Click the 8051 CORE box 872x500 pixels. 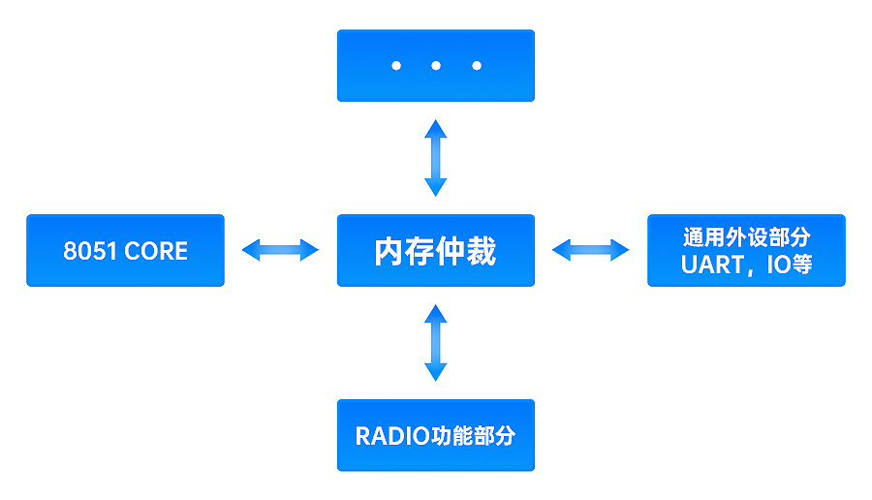click(x=125, y=250)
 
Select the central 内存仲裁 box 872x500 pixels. click(x=435, y=250)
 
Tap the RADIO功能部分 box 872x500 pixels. click(x=435, y=435)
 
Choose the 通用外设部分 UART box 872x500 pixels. click(x=745, y=250)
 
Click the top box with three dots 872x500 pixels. click(x=435, y=65)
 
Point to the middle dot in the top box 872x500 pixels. click(x=436, y=66)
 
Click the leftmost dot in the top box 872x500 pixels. click(x=395, y=66)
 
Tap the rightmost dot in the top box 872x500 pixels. click(x=476, y=66)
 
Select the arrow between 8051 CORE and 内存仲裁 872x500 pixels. click(x=280, y=250)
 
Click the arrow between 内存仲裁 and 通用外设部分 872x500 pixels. click(x=590, y=250)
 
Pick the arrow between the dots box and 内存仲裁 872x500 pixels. click(x=436, y=158)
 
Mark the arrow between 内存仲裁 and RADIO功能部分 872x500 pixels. click(x=436, y=342)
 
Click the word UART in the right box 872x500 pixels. click(x=712, y=265)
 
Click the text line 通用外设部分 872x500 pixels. click(x=746, y=237)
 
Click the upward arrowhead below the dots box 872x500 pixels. click(x=436, y=129)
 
